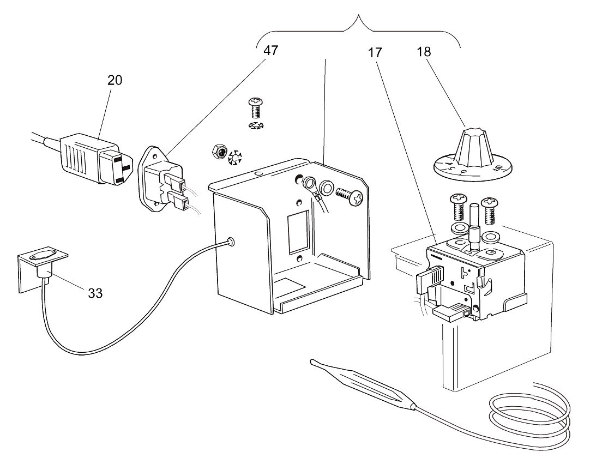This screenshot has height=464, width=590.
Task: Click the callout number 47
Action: coord(270,51)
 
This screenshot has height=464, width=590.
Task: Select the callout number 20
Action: coord(115,80)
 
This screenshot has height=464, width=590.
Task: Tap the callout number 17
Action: coord(375,53)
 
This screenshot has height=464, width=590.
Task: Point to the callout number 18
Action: coord(423,52)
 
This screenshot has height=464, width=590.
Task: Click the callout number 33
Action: coord(95,293)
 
